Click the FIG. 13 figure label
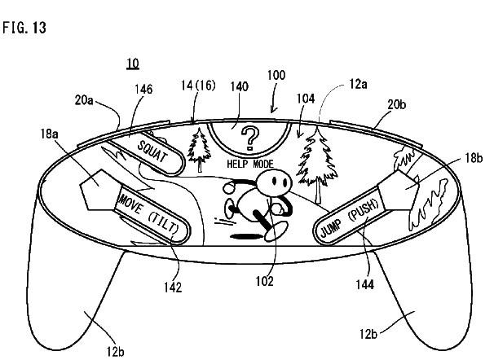pyautogui.click(x=24, y=27)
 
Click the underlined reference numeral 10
pyautogui.click(x=131, y=64)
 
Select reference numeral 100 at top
pyautogui.click(x=276, y=75)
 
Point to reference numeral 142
pyautogui.click(x=171, y=287)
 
